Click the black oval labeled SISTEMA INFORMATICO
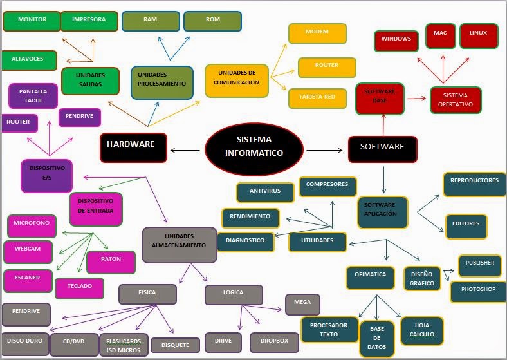click(x=253, y=149)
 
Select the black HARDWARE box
click(x=133, y=146)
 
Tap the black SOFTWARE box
click(x=382, y=147)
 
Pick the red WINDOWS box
click(x=396, y=40)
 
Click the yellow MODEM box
click(x=317, y=33)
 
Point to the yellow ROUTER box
click(x=327, y=67)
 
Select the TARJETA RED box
click(x=317, y=98)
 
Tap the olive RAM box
click(x=150, y=21)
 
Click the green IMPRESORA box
click(x=89, y=21)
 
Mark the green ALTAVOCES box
click(x=29, y=60)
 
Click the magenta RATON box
click(x=111, y=261)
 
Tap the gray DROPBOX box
click(x=274, y=342)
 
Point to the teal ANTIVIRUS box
click(x=266, y=192)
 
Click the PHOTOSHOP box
click(x=478, y=291)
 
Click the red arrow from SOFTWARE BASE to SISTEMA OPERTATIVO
click(x=417, y=99)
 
